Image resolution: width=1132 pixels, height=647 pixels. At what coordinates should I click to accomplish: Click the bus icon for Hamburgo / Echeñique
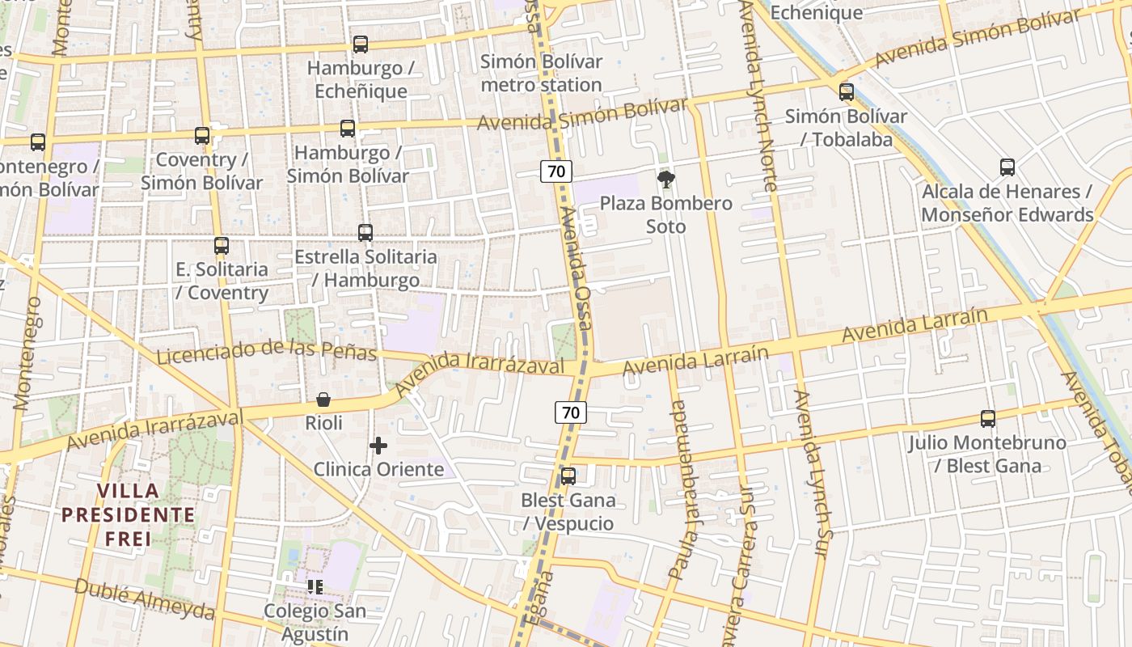pyautogui.click(x=361, y=44)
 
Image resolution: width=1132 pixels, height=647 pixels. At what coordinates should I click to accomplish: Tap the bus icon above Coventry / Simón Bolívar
pyautogui.click(x=202, y=136)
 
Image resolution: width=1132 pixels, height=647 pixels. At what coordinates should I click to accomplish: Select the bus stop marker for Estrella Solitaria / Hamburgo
pyautogui.click(x=365, y=233)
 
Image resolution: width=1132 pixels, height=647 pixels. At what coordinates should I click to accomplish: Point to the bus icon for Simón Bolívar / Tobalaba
pyautogui.click(x=847, y=92)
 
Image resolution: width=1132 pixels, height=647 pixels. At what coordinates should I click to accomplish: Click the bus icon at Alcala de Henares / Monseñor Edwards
pyautogui.click(x=1007, y=167)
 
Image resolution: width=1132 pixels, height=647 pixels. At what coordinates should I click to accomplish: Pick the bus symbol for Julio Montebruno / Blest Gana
pyautogui.click(x=988, y=419)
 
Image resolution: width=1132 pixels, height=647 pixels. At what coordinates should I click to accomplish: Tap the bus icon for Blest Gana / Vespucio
pyautogui.click(x=568, y=476)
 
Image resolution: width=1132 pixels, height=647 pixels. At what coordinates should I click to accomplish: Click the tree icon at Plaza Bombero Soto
pyautogui.click(x=666, y=180)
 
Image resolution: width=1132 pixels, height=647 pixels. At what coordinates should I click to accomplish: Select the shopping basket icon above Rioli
pyautogui.click(x=323, y=400)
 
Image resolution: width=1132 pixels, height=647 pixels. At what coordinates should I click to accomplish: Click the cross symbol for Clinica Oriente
pyautogui.click(x=378, y=446)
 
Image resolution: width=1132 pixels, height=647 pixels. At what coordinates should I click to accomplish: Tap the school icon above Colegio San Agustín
pyautogui.click(x=315, y=586)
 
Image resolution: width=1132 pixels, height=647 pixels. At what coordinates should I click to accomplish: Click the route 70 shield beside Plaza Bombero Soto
pyautogui.click(x=556, y=171)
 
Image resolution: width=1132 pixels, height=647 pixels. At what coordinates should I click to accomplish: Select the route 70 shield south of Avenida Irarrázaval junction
pyautogui.click(x=571, y=412)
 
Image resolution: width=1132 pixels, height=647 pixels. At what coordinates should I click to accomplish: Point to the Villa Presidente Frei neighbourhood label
pyautogui.click(x=129, y=514)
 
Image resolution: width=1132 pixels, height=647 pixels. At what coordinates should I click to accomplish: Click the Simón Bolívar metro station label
pyautogui.click(x=541, y=73)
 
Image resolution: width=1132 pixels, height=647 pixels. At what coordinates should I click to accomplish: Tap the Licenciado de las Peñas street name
pyautogui.click(x=267, y=352)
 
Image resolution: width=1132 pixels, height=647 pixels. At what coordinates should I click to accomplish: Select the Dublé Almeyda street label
pyautogui.click(x=145, y=598)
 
